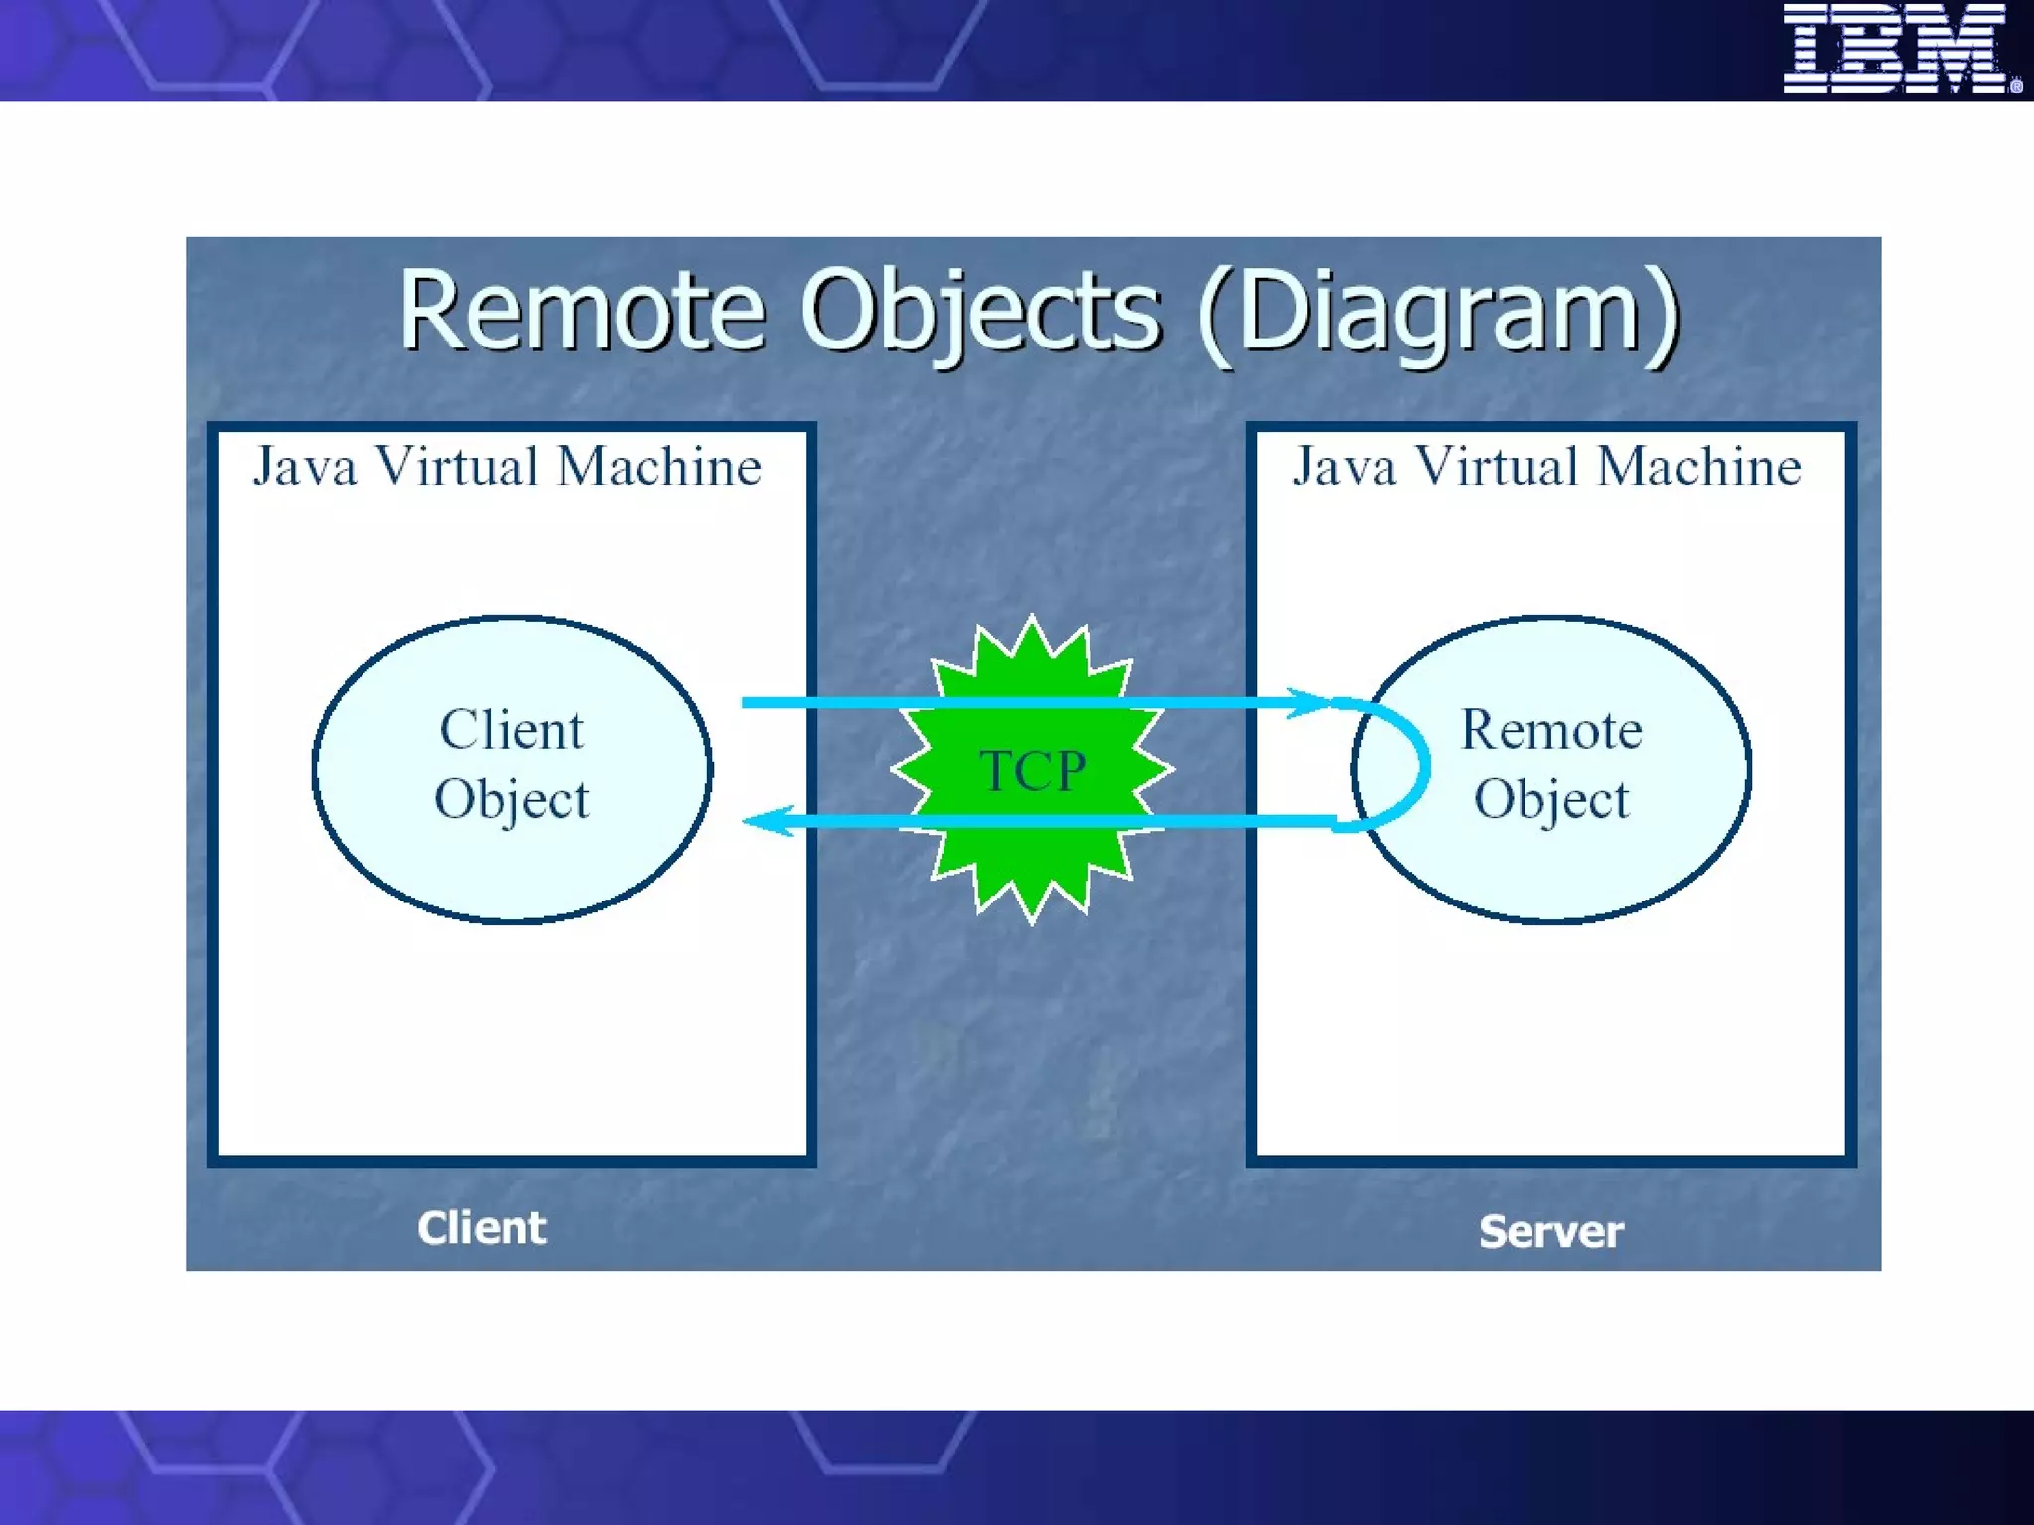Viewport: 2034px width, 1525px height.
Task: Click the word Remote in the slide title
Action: click(582, 312)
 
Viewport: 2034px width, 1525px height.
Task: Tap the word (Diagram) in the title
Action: click(1438, 312)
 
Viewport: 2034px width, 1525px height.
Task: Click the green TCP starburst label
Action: click(1033, 770)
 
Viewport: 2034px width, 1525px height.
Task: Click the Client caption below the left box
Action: click(482, 1228)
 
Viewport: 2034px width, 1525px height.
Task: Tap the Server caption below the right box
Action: click(1550, 1232)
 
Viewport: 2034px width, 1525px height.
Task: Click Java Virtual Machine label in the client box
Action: click(508, 467)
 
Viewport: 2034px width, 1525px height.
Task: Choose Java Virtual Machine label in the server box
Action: click(1546, 467)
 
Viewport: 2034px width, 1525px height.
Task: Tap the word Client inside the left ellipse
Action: click(511, 730)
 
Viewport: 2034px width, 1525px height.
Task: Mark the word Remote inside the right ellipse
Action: click(1551, 730)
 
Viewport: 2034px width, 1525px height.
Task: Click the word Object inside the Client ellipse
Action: click(511, 799)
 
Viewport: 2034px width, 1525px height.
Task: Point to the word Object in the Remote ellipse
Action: click(1551, 799)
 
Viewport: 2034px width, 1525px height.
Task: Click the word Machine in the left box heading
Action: click(658, 467)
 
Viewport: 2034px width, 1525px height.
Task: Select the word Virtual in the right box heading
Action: click(1497, 467)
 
